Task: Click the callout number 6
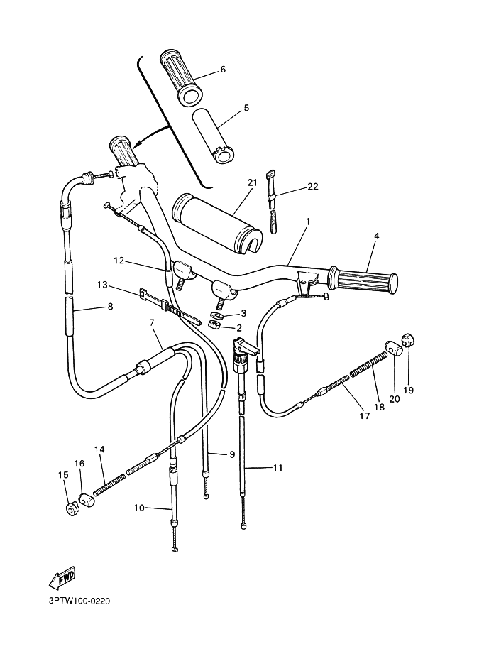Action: point(222,70)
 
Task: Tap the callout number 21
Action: point(251,182)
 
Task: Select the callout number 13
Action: point(102,285)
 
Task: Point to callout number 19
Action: point(409,390)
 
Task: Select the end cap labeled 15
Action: point(71,509)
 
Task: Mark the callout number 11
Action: point(277,468)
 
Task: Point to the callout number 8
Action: point(109,307)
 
